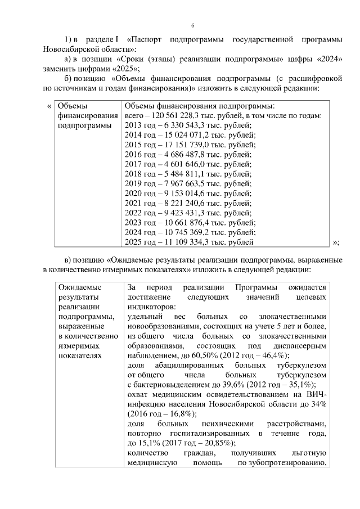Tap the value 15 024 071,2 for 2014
coord(187,135)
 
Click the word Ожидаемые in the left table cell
coord(78,287)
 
